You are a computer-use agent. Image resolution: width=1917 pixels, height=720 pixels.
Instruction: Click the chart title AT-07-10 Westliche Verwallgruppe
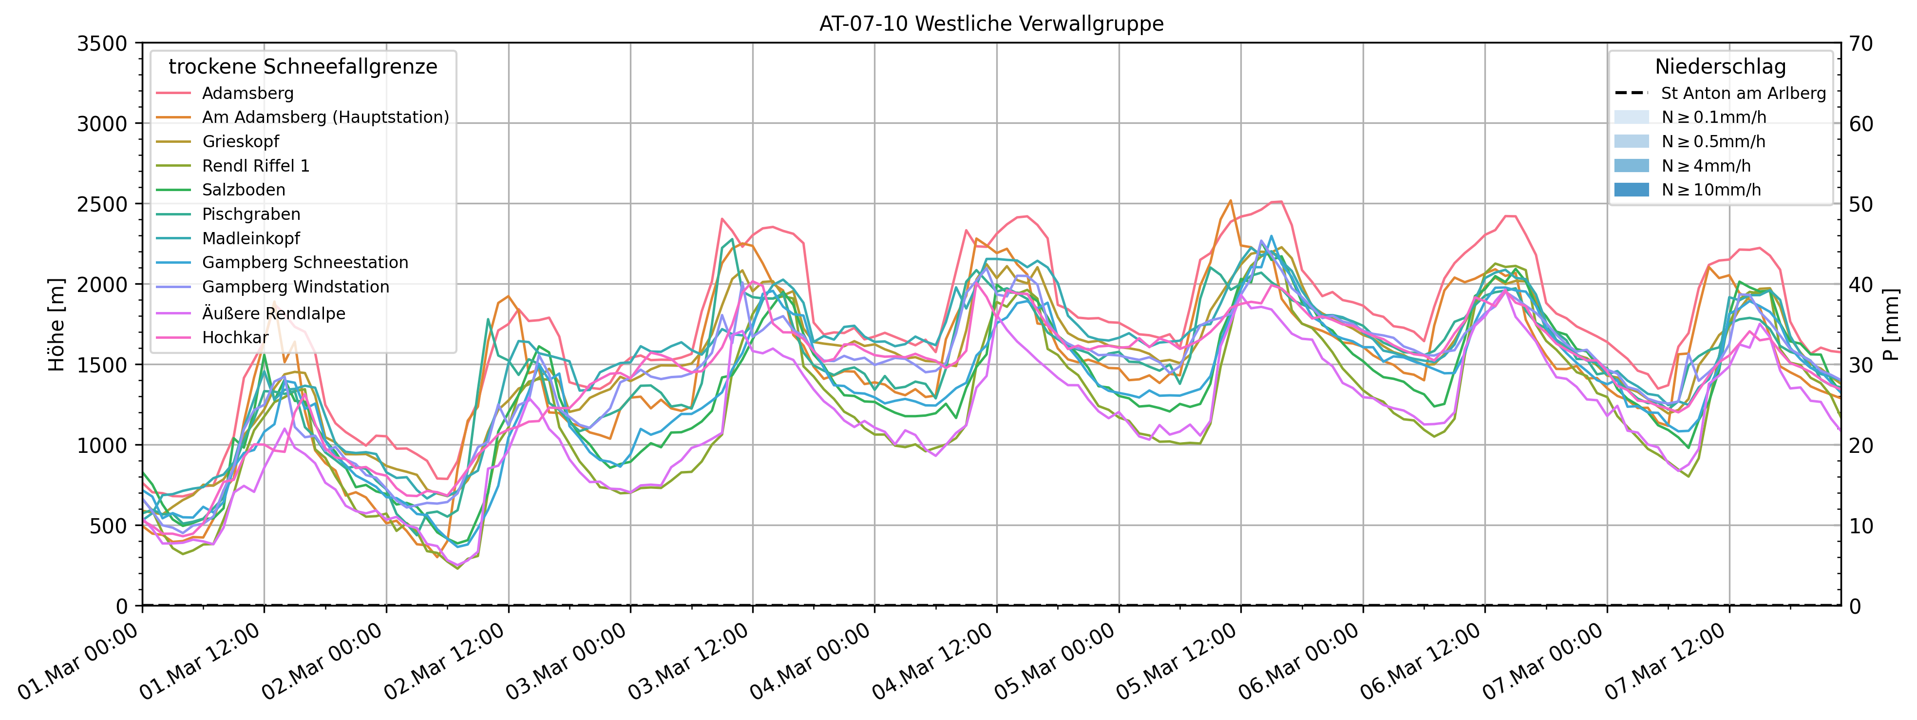tap(991, 24)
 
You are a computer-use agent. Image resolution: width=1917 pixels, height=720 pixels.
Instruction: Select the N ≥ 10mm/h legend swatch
tap(1631, 190)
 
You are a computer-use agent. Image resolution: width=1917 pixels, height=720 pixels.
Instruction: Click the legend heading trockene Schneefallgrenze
tap(303, 67)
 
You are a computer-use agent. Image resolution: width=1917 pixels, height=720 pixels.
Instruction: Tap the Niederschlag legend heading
tap(1720, 67)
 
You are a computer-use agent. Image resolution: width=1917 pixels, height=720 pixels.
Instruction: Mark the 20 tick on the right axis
tap(1862, 445)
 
